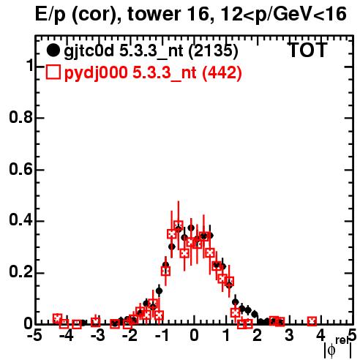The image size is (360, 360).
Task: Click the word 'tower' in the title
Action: point(154,14)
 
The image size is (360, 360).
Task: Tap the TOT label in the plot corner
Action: point(307,50)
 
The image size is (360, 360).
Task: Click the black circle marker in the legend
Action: point(53,50)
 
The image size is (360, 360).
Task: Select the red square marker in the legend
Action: point(53,72)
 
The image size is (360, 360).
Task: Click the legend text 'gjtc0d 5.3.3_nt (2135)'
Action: point(151,51)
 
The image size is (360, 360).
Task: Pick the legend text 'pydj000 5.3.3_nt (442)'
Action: point(153,73)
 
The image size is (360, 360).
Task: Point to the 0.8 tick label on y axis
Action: point(21,117)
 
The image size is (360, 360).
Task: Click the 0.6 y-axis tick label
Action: point(21,169)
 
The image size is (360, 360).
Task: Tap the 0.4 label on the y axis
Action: point(21,220)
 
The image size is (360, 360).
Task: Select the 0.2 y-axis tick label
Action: point(21,272)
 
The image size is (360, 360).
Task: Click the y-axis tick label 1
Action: point(29,65)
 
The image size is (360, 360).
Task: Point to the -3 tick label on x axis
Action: point(98,336)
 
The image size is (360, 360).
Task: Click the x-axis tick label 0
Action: point(194,336)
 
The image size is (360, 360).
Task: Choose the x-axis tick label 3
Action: point(289,336)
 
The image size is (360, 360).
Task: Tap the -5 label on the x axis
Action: point(35,336)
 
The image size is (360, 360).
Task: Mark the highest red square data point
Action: point(179,226)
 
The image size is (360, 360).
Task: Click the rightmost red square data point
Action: point(312,321)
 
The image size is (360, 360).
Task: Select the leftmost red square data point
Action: point(58,318)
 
